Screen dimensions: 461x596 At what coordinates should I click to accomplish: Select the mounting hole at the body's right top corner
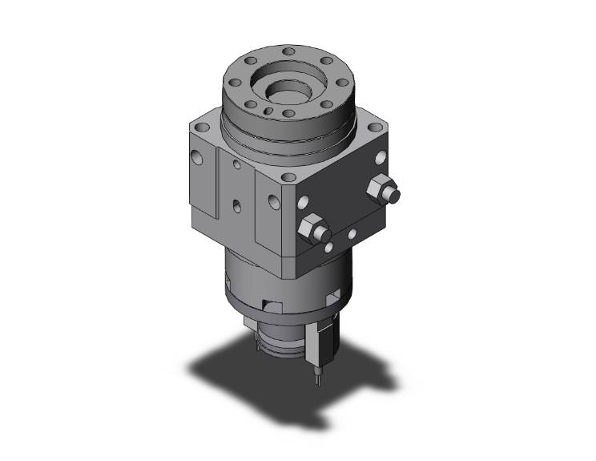pos(375,128)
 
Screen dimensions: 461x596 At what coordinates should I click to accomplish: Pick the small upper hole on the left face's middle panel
pos(236,165)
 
